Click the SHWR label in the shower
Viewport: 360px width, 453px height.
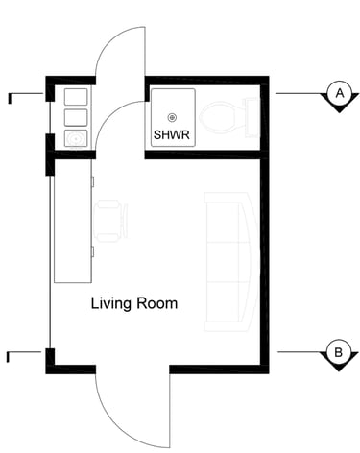[x=172, y=134]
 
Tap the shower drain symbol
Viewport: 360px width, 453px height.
[x=172, y=118]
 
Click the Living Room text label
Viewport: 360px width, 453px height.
[x=134, y=303]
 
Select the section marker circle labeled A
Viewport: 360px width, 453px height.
[x=340, y=93]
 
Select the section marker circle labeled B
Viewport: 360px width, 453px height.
[x=339, y=352]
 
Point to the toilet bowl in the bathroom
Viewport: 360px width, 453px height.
[x=218, y=117]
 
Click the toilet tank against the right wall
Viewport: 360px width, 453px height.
[x=252, y=117]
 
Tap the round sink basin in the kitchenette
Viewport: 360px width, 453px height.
[x=76, y=139]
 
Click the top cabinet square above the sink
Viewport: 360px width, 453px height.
[x=76, y=97]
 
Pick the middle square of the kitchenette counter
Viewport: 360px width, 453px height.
[x=76, y=117]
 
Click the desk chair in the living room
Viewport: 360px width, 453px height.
[x=110, y=221]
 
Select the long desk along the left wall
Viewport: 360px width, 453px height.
[x=73, y=221]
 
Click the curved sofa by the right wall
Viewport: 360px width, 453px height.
[x=231, y=261]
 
